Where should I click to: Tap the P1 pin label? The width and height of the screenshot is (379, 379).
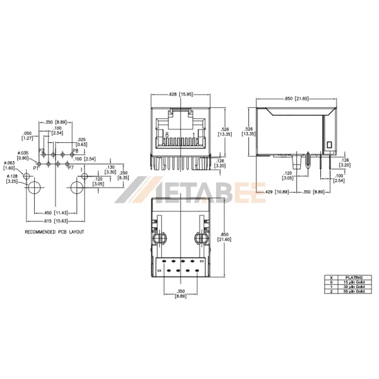pos(36,168)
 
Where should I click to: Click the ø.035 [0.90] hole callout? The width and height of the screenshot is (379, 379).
pos(21,155)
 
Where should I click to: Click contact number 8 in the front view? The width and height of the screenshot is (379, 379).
pos(166,135)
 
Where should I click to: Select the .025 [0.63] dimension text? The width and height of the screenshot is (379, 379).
pos(81,141)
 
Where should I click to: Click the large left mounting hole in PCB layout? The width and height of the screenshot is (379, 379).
pos(35,188)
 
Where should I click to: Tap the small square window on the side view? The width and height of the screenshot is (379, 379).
pos(328,145)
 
